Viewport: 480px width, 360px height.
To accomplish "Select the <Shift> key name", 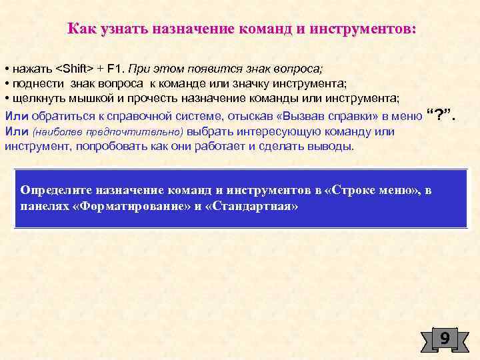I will point(76,69).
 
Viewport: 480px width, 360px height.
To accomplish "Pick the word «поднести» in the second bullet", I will point(36,84).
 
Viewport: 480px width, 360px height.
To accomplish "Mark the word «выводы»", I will point(331,145).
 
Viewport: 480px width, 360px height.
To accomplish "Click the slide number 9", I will point(444,339).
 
